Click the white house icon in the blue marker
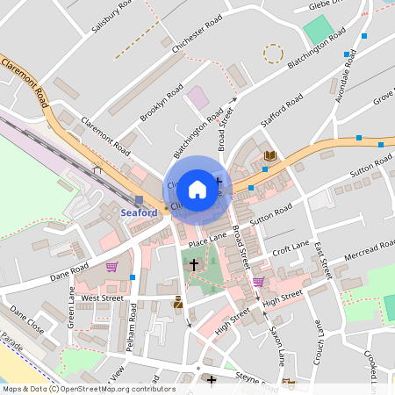tap(197, 189)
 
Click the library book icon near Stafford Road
tap(270, 155)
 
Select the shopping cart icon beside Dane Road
tap(111, 267)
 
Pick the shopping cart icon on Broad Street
tap(258, 282)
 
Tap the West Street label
tap(102, 298)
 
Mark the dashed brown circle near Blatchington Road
tap(274, 54)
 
